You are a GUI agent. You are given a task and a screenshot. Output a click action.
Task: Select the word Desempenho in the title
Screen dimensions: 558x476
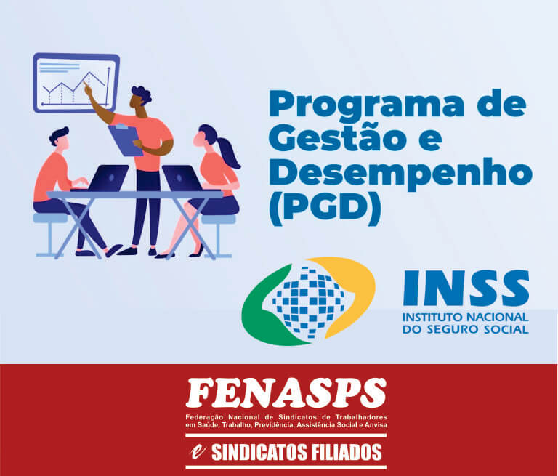pyautogui.click(x=401, y=174)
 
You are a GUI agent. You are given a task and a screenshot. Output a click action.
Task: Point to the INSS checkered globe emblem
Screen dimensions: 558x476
pyautogui.click(x=308, y=301)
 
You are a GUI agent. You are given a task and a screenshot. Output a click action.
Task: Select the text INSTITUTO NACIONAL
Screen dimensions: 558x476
pyautogui.click(x=466, y=317)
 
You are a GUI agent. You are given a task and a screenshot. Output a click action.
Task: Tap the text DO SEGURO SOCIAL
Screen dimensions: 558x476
pyautogui.click(x=466, y=329)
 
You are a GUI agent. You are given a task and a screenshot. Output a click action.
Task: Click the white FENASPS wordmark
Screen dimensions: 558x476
pyautogui.click(x=286, y=393)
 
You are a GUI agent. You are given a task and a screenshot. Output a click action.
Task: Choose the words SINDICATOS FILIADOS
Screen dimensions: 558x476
pyautogui.click(x=296, y=452)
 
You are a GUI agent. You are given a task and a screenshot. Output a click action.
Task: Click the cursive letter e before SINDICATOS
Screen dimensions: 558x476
pyautogui.click(x=198, y=453)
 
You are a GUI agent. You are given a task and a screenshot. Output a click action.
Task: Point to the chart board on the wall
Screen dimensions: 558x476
pyautogui.click(x=76, y=83)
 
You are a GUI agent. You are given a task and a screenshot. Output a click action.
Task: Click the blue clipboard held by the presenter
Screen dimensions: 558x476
pyautogui.click(x=125, y=140)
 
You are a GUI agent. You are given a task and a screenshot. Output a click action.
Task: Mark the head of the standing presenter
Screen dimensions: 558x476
pyautogui.click(x=140, y=97)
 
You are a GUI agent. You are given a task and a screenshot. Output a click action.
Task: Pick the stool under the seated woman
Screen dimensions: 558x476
pyautogui.click(x=218, y=235)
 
